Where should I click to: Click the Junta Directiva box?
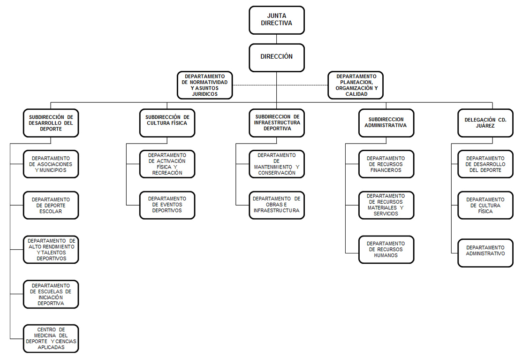tap(277, 20)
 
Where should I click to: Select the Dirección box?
tap(277, 58)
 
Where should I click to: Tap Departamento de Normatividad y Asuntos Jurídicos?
tap(205, 85)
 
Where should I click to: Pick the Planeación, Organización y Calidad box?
tap(356, 85)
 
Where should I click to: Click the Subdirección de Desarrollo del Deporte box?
tap(51, 123)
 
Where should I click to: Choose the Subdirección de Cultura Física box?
tap(167, 123)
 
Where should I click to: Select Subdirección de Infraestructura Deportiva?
tap(277, 123)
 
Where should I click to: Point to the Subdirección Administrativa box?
tap(386, 123)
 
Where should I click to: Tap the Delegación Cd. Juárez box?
tap(485, 123)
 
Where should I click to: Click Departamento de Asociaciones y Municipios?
tap(51, 164)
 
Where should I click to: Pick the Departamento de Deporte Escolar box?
tap(51, 205)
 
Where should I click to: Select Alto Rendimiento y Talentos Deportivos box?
tap(51, 250)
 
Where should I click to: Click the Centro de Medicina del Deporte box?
tap(51, 339)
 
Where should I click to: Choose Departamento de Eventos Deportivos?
tap(167, 205)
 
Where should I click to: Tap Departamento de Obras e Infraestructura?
tap(277, 205)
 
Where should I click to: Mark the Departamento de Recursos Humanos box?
tap(386, 250)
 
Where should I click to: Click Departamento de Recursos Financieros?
tap(386, 164)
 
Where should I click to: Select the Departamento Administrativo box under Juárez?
tap(485, 253)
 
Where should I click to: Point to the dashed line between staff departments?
tap(280, 85)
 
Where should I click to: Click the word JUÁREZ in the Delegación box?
tap(485, 126)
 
